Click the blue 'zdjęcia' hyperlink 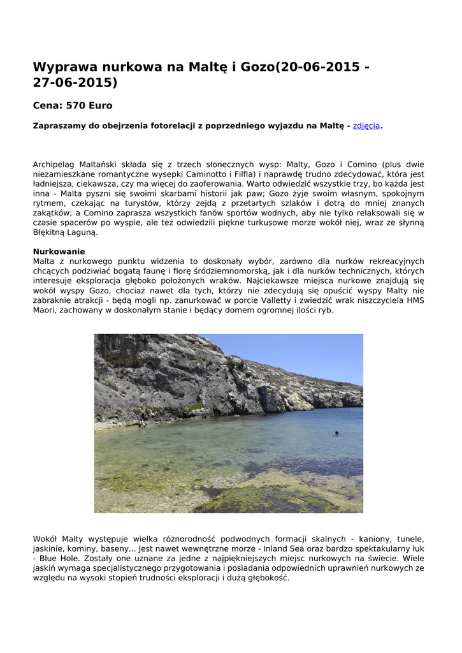pyautogui.click(x=366, y=126)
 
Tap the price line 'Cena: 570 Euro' pyautogui.click(x=72, y=105)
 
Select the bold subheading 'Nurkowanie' pyautogui.click(x=59, y=251)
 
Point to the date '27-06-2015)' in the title pyautogui.click(x=75, y=83)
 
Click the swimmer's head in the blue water pyautogui.click(x=336, y=433)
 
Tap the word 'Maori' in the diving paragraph pyautogui.click(x=45, y=311)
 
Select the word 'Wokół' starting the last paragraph pyautogui.click(x=46, y=539)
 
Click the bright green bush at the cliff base pyautogui.click(x=196, y=406)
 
